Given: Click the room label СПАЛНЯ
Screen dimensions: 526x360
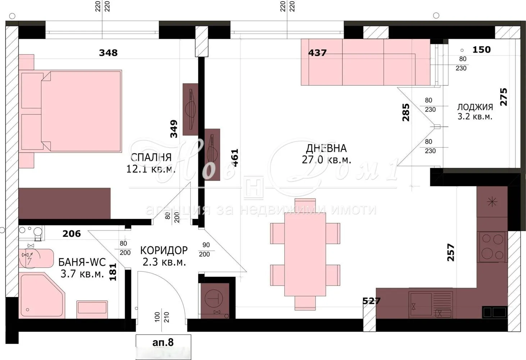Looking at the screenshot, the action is (x=151, y=157).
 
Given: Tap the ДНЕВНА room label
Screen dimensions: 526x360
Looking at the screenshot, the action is (x=326, y=148).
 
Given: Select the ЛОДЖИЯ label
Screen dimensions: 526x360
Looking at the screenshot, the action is (x=475, y=107).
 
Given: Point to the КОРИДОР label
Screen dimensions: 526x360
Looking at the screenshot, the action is (x=164, y=251).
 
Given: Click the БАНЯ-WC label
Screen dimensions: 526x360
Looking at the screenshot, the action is (x=82, y=262).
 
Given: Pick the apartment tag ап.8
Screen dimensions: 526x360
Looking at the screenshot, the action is (x=163, y=342).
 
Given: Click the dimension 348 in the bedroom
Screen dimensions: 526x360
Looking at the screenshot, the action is (x=108, y=53).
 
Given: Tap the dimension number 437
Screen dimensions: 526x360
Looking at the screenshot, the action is (x=317, y=53).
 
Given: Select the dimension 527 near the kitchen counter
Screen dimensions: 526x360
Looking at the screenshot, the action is (x=371, y=301).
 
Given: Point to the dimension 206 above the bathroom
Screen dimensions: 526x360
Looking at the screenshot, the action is (x=72, y=234).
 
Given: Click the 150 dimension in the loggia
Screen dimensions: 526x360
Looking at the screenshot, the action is (x=482, y=50).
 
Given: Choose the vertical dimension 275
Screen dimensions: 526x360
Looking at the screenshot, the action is (x=503, y=97).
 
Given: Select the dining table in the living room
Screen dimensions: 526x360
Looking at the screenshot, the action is (x=305, y=254).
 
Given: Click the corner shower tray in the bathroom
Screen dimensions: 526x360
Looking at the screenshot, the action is (x=42, y=295).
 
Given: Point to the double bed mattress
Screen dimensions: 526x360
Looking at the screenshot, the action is (x=81, y=111).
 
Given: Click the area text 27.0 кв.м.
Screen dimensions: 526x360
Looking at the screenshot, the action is (x=326, y=160).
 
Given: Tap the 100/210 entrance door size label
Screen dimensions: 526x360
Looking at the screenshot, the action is (x=162, y=317).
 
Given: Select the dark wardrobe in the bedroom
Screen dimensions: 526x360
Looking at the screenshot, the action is (x=64, y=203).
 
